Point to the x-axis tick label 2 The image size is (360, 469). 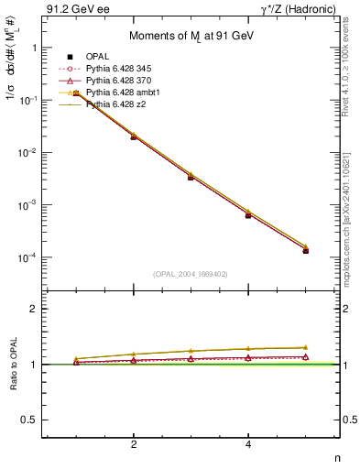[134, 444]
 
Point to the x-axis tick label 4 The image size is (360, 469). [248, 444]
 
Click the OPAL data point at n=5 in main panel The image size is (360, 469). [306, 250]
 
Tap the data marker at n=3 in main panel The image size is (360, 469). [191, 177]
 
